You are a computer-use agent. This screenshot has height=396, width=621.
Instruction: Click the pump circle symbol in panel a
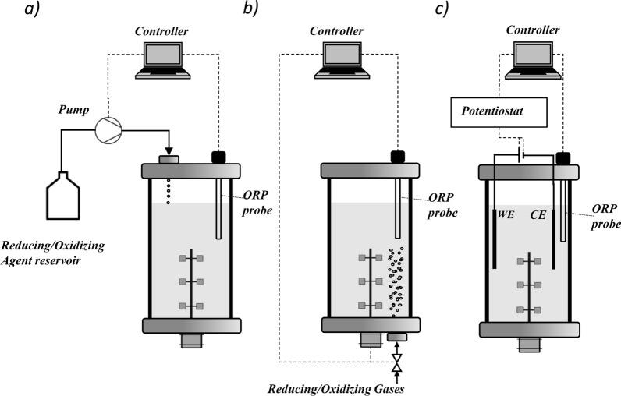(106, 129)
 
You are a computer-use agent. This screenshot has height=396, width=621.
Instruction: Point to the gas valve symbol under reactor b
(396, 362)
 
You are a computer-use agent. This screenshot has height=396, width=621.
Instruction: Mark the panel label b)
(251, 10)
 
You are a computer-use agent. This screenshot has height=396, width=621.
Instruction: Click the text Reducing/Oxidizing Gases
(335, 387)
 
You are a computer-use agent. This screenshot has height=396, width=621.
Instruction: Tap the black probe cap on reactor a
(218, 157)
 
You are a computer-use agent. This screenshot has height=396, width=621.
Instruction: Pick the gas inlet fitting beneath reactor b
(396, 338)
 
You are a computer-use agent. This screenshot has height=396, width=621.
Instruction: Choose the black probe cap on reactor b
(397, 157)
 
